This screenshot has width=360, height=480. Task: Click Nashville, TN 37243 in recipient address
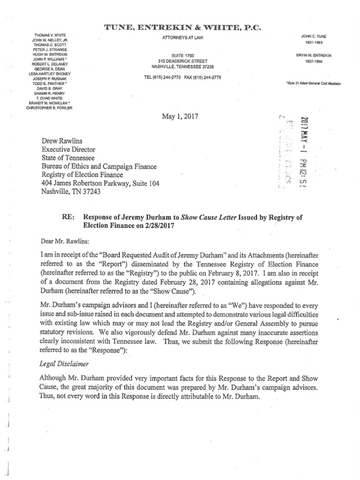71,192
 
